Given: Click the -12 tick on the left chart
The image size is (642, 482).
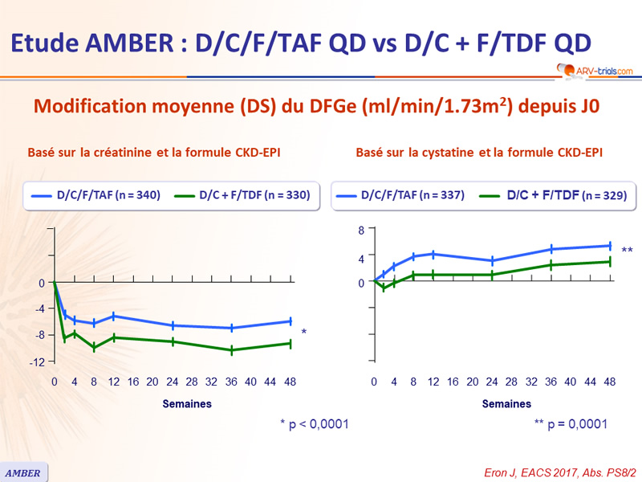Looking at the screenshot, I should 37,362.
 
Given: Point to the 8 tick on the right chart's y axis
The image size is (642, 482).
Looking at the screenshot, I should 360,231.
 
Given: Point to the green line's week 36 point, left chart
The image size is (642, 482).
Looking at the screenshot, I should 232,350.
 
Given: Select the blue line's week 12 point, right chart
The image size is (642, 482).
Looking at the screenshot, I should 433,254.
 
